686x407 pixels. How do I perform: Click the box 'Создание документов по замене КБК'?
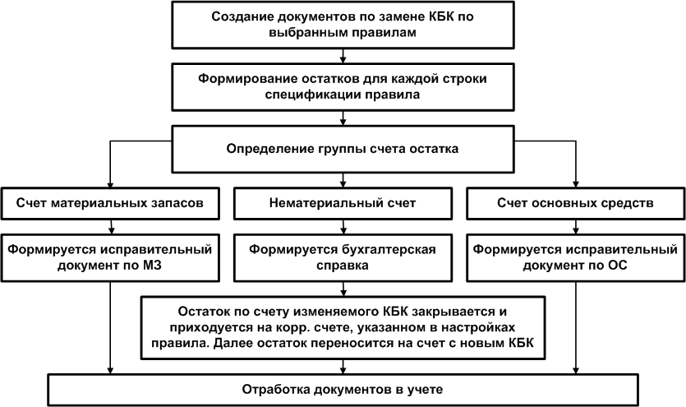(343, 25)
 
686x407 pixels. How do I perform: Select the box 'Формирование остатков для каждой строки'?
(343, 86)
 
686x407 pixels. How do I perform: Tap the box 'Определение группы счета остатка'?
(343, 149)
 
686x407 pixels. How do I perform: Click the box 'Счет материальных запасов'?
(110, 203)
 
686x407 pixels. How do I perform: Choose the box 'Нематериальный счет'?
(343, 203)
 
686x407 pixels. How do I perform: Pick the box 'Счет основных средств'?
(575, 203)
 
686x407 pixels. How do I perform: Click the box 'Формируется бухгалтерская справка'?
(343, 258)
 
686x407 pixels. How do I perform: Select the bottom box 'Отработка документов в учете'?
(343, 390)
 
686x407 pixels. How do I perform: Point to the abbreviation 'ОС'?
(617, 266)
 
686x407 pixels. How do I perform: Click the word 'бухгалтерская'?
(388, 250)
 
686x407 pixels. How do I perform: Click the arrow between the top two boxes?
(343, 56)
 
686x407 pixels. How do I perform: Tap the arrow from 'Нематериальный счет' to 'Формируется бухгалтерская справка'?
(343, 227)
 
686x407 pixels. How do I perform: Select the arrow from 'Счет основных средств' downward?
(576, 227)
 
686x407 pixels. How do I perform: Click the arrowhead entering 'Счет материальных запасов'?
(110, 184)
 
